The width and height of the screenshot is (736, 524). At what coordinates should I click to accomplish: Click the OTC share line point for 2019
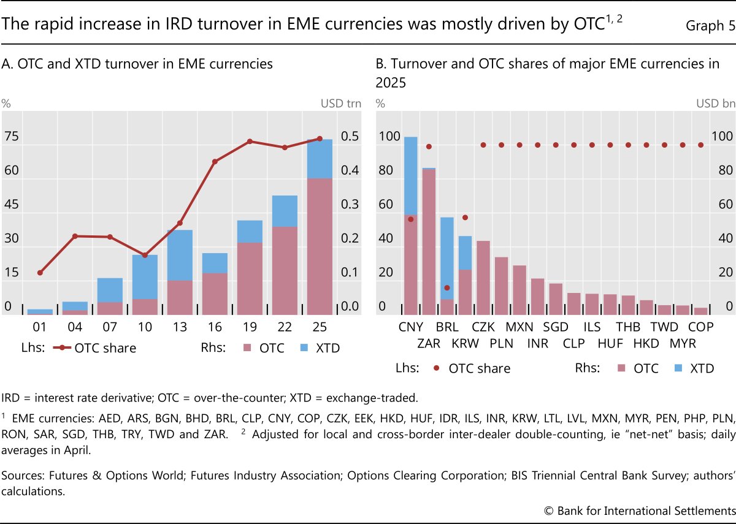click(x=250, y=142)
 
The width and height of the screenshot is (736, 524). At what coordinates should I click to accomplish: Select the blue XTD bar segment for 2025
click(x=320, y=159)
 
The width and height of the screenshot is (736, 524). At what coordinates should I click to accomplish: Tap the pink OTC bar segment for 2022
click(x=285, y=270)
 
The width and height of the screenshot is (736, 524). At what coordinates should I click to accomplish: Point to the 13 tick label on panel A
click(x=180, y=327)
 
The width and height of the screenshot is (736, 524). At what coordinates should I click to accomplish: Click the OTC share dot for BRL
click(x=447, y=287)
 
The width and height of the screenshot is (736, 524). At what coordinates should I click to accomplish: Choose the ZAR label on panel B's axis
click(x=429, y=344)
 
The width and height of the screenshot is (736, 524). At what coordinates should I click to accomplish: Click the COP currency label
click(x=700, y=327)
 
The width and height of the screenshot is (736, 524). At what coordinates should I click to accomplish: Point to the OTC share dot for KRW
click(x=465, y=218)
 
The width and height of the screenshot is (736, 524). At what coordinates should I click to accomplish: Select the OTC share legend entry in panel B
click(x=472, y=368)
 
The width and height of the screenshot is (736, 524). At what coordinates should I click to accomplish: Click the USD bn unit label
click(x=716, y=103)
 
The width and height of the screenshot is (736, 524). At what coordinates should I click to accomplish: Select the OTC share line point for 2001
click(x=40, y=272)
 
